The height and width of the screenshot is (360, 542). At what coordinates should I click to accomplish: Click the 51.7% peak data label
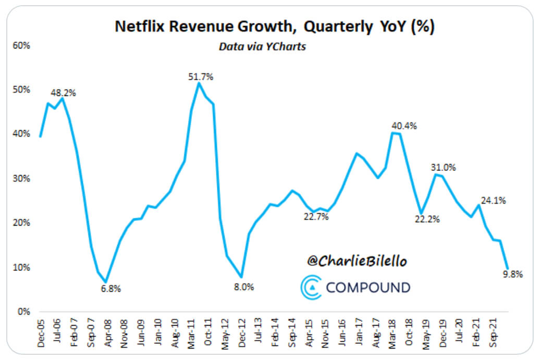201,77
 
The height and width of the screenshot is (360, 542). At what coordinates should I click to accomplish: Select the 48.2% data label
63,93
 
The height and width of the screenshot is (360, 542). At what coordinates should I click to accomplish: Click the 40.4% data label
404,126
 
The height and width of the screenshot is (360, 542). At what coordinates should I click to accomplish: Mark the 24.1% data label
494,200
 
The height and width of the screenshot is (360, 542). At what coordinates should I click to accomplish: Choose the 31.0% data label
444,168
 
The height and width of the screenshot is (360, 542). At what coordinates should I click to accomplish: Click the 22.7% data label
316,217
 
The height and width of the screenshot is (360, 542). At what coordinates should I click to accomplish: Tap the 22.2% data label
427,219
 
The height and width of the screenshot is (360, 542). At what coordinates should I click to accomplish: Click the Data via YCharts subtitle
262,47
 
